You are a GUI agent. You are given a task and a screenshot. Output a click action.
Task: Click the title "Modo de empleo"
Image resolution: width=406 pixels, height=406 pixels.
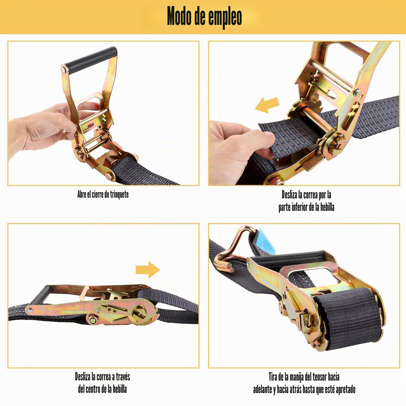click(x=204, y=17)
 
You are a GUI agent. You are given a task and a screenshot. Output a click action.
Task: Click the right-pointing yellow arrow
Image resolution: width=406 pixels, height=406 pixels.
click(x=148, y=269)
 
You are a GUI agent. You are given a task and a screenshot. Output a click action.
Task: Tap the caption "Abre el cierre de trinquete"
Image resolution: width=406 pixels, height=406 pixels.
click(x=103, y=195)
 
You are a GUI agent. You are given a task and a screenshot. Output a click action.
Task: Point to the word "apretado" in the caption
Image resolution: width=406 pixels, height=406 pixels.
click(x=345, y=390)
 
